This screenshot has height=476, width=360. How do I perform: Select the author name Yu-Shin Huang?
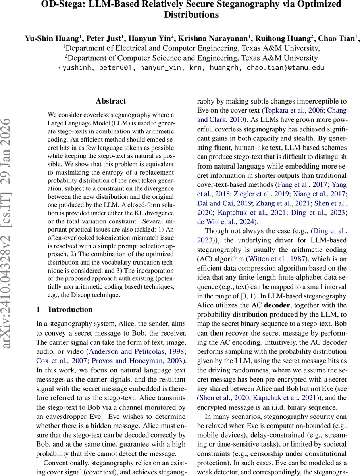click(52, 38)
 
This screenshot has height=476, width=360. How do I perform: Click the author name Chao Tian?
click(340, 38)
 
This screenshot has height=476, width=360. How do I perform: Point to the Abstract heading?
click(111, 101)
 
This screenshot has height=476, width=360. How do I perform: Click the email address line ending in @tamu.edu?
click(191, 67)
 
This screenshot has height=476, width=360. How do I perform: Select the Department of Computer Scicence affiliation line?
click(191, 58)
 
